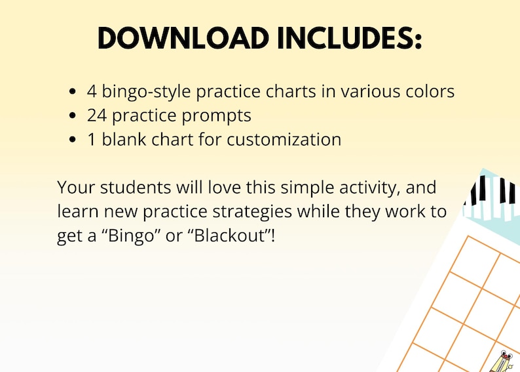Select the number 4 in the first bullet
pyautogui.click(x=92, y=92)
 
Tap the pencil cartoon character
pyautogui.click(x=503, y=361)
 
